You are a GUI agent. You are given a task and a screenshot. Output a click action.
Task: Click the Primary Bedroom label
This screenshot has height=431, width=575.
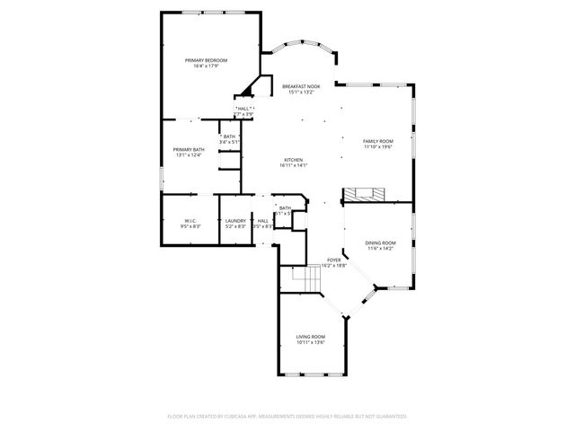point(206,60)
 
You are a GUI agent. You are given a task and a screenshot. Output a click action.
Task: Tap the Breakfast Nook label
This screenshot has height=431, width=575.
point(300,86)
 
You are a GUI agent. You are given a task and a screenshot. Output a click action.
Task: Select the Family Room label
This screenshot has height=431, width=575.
point(377,141)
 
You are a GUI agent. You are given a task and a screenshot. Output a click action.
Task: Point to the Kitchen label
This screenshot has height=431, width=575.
point(294,159)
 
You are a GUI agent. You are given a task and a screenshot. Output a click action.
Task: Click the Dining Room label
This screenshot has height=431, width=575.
point(380,242)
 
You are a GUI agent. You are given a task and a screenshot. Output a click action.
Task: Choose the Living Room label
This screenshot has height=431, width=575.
point(311,337)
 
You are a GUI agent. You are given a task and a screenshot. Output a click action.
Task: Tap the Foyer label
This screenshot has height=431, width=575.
point(333,260)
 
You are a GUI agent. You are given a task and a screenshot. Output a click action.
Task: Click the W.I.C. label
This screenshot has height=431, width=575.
point(190,220)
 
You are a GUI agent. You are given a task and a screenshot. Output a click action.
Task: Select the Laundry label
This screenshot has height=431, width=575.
point(235,220)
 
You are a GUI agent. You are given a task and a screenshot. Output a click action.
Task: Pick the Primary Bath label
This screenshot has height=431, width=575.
point(189,149)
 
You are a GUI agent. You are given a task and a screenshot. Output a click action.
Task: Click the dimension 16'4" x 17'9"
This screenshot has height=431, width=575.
point(206,66)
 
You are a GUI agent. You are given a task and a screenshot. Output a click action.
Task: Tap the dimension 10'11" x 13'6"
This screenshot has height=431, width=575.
point(311,343)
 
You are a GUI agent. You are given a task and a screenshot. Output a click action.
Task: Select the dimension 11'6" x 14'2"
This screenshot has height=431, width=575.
point(380,249)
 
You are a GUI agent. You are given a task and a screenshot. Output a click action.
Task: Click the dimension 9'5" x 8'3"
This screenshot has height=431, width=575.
point(190,226)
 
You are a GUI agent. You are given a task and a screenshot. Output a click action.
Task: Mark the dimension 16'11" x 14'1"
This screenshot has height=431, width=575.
point(294,165)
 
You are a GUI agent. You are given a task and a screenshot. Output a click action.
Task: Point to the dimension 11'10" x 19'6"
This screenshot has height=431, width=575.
point(377,147)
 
